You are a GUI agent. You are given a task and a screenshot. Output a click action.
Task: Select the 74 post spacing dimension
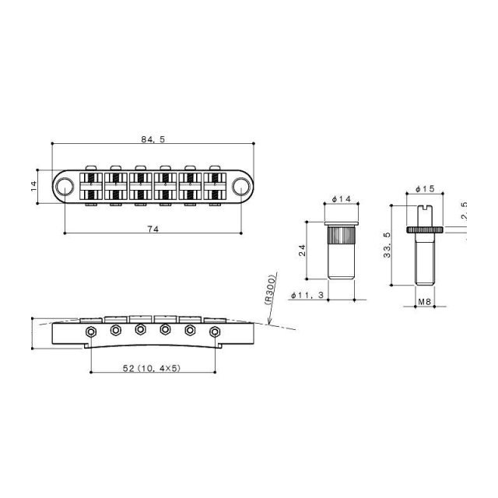coord(153,226)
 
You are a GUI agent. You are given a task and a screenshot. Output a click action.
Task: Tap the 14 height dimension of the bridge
coord(34,185)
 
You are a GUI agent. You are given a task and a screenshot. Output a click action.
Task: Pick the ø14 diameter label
coord(340,200)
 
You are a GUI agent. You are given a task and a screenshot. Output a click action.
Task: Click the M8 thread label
coord(424,300)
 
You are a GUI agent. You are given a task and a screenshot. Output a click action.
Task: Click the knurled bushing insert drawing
coord(340,247)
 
